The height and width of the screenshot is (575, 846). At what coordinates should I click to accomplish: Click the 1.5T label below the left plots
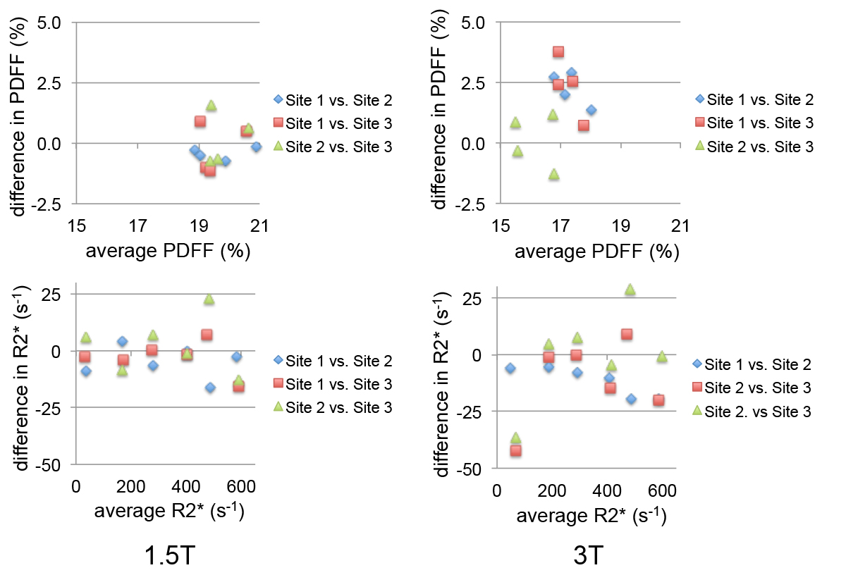click(170, 556)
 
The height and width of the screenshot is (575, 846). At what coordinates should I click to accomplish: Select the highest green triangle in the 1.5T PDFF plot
click(211, 106)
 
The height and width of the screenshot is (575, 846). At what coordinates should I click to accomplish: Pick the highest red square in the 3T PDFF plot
click(558, 51)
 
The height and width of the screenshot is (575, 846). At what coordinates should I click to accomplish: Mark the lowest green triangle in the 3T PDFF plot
click(554, 174)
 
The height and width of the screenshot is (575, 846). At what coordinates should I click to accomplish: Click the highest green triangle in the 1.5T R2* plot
click(209, 299)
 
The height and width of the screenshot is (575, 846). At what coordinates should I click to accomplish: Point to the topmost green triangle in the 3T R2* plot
click(630, 289)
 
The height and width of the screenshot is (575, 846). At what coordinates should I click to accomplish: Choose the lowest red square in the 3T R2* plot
click(515, 450)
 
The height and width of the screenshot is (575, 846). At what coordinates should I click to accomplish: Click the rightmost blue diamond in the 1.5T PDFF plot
click(257, 147)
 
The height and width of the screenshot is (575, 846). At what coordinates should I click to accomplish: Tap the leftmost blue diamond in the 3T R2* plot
click(510, 368)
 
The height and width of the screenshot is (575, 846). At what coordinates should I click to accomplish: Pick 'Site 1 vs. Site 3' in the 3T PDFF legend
click(760, 123)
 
